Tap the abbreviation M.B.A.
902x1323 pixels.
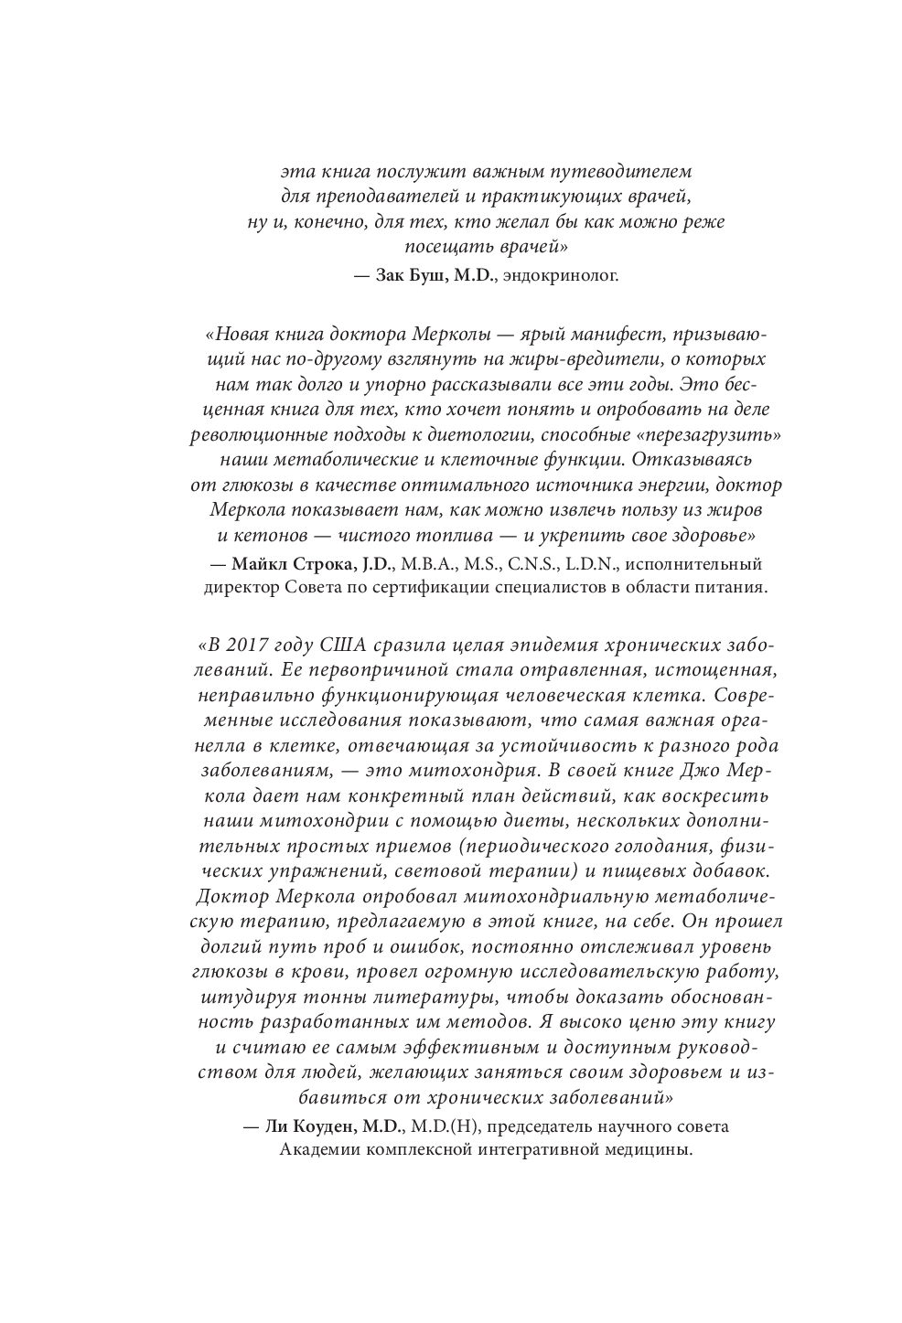click(x=424, y=562)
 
